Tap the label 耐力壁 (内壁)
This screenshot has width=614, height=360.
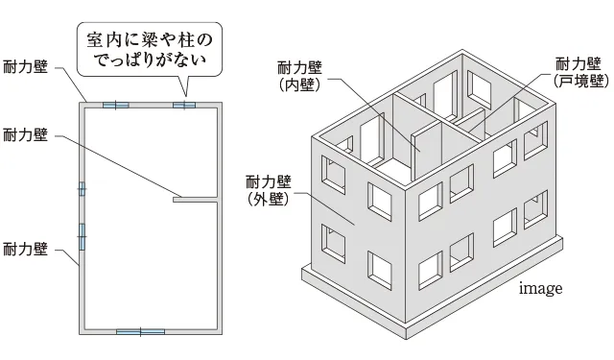coord(299,76)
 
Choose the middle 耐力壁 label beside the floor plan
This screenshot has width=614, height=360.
coord(25,134)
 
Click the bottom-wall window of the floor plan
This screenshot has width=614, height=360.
coord(140,331)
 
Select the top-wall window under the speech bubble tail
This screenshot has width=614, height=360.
coord(184,104)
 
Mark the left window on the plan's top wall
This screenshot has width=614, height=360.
coord(114,104)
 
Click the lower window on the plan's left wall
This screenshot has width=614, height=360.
coord(82,235)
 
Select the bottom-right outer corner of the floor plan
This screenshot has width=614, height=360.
coord(223,332)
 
